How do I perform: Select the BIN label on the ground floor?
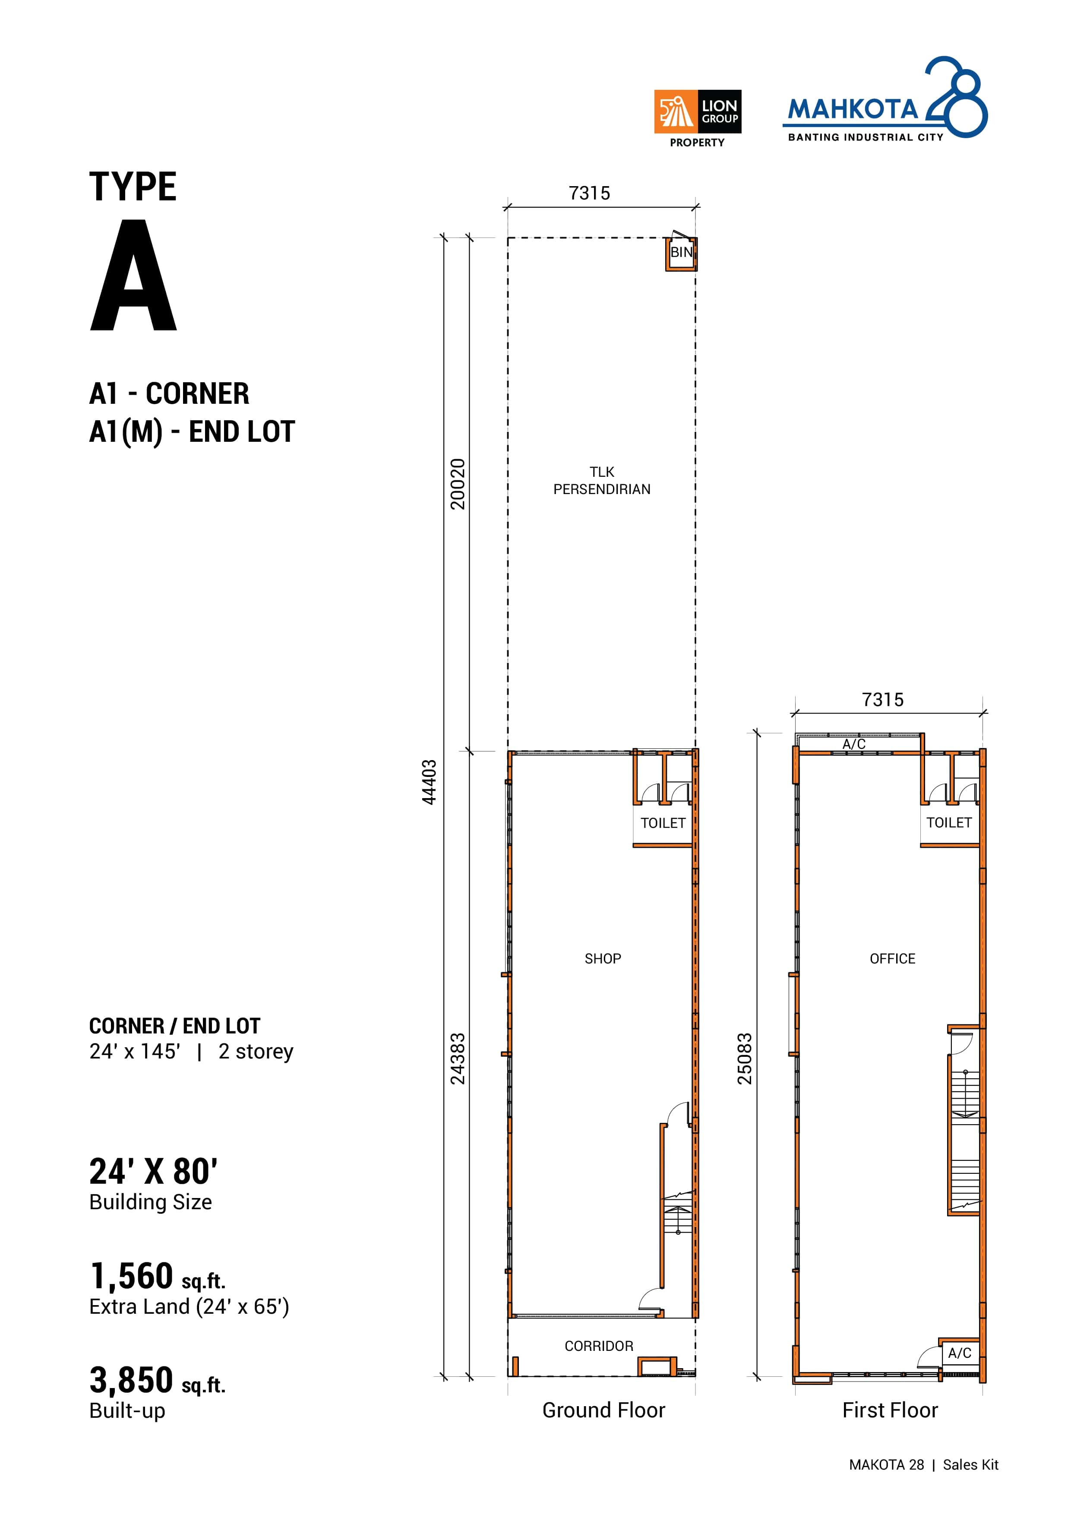coord(681,252)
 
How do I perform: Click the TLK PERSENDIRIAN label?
coord(601,480)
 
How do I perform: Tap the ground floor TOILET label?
coord(663,823)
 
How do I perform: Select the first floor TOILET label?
coord(949,822)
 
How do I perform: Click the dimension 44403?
coord(430,782)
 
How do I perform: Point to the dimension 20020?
coord(458,484)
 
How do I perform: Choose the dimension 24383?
coord(458,1059)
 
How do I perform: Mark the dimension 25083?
coord(745,1059)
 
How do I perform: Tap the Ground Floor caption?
coord(603,1410)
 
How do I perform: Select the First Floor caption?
coord(890,1410)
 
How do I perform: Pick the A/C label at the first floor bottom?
coord(960,1353)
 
